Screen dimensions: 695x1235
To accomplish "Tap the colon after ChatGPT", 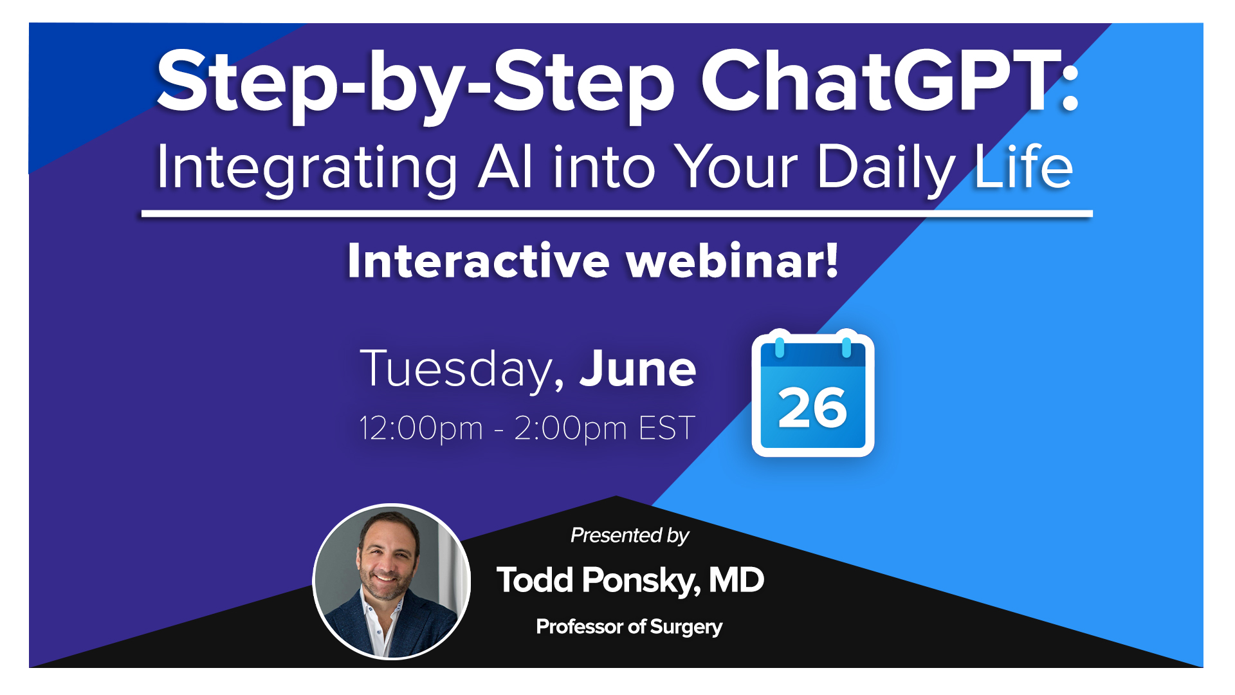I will (x=1070, y=86).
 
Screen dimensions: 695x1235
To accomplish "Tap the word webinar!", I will (x=733, y=261).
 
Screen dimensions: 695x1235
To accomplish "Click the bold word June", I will (x=637, y=369).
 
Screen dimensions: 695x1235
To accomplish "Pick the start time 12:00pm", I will (x=421, y=429).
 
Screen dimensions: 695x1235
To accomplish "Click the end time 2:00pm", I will (x=570, y=429).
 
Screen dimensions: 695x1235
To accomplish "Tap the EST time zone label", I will (x=666, y=429).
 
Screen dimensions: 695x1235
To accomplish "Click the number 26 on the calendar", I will (x=812, y=409).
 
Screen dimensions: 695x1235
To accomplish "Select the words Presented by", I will (x=629, y=535).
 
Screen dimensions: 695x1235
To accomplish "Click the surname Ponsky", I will (x=641, y=580).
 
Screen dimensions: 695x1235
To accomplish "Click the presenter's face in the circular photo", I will (x=387, y=557).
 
